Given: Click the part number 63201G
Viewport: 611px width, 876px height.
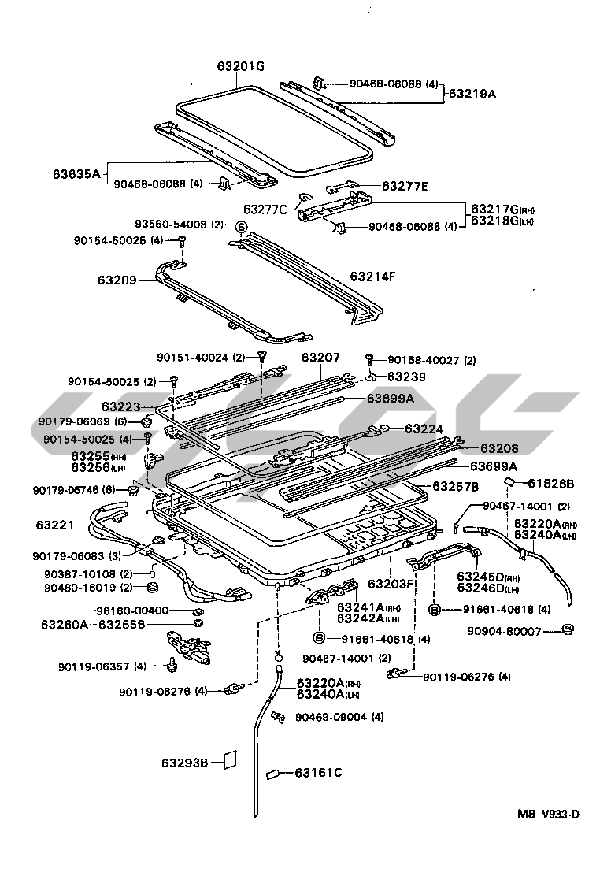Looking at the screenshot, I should [241, 66].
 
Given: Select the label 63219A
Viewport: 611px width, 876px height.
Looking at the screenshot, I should [472, 94].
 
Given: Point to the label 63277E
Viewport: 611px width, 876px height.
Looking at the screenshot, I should [405, 186].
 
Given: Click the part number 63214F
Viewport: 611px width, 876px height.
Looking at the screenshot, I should [372, 277].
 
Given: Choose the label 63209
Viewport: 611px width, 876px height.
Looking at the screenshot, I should [117, 280].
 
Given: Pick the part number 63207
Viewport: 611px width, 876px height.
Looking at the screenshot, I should [320, 357].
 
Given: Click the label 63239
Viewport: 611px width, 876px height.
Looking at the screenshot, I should [405, 377].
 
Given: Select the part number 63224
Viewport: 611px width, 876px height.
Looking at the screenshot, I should [424, 429].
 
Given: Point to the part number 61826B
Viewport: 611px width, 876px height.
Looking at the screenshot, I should [551, 483].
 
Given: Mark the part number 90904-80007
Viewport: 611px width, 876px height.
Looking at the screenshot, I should [515, 631].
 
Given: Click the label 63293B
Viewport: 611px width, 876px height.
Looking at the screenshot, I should [185, 763].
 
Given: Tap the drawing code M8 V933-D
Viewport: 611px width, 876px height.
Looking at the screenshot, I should [547, 815].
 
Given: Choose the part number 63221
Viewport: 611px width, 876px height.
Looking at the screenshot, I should [54, 523].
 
